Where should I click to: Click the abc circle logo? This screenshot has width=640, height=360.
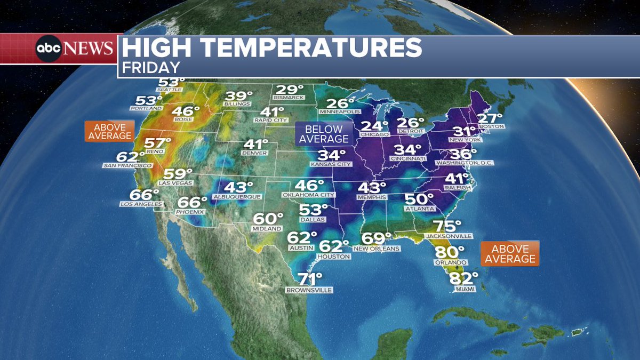[49, 49]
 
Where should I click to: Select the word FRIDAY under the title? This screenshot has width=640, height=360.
[151, 67]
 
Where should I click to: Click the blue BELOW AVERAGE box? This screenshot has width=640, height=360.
[324, 134]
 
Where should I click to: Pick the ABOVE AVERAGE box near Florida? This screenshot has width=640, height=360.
[509, 253]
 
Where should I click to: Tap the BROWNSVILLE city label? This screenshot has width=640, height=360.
[309, 290]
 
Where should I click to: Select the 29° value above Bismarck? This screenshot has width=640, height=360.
[289, 90]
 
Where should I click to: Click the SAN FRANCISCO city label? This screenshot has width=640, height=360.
[127, 166]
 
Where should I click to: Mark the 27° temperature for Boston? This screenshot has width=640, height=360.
[490, 118]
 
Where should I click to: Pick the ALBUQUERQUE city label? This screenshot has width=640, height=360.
[237, 197]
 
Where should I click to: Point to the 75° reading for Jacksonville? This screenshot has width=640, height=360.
[447, 226]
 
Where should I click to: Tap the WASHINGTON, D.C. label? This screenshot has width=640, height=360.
[464, 163]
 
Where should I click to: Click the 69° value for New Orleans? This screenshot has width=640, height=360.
[377, 239]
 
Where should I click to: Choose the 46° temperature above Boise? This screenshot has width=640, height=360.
[186, 111]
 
